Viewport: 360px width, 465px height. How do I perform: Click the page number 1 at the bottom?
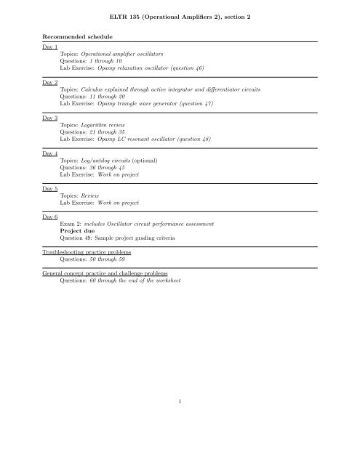[180, 439]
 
